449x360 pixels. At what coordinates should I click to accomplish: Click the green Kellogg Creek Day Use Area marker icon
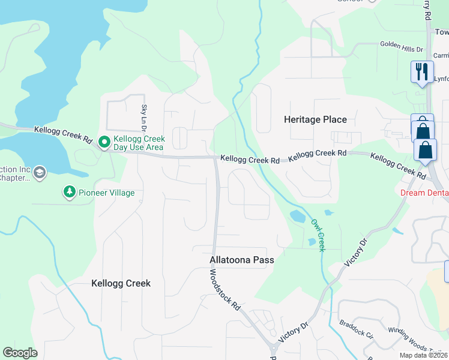(x=104, y=143)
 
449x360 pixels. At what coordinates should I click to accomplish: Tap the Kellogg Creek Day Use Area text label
(x=138, y=143)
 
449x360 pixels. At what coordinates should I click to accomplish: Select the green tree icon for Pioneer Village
(x=70, y=192)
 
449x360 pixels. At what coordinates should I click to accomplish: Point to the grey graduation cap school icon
(x=40, y=173)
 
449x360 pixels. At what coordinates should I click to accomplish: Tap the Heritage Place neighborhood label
(x=315, y=119)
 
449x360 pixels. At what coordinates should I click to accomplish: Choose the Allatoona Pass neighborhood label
(x=242, y=260)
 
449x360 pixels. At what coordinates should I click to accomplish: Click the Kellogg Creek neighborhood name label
(x=121, y=283)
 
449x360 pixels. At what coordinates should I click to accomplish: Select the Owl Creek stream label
(x=318, y=235)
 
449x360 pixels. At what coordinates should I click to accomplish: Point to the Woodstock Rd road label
(x=225, y=289)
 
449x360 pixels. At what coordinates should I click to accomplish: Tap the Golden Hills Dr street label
(x=402, y=45)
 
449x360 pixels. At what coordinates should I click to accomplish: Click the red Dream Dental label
(x=424, y=193)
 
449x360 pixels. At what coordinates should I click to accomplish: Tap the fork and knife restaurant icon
(x=422, y=72)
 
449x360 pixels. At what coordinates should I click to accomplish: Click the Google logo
(x=20, y=352)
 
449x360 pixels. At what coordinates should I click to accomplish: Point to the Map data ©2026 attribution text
(x=423, y=355)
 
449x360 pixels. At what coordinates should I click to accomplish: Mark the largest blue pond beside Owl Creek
(x=298, y=216)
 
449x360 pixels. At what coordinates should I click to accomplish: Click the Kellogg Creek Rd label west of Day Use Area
(x=63, y=134)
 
